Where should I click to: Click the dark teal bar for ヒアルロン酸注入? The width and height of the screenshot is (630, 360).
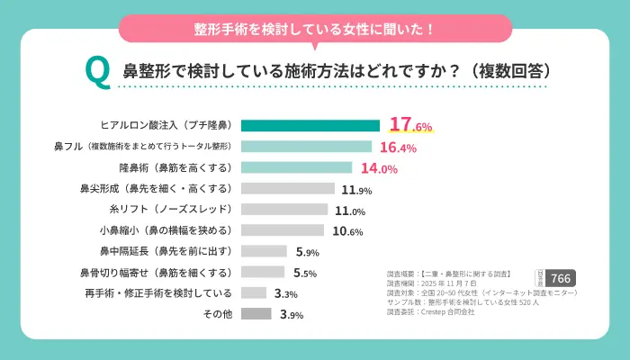[310, 126]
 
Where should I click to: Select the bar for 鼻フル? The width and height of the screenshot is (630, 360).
[306, 147]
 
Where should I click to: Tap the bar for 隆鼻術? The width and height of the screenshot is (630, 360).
[296, 167]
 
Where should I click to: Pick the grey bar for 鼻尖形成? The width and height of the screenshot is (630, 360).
[288, 189]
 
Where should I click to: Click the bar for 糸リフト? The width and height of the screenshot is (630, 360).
[284, 210]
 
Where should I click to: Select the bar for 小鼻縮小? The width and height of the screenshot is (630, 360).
[283, 230]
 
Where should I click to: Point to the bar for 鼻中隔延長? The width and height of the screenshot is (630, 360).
[264, 251]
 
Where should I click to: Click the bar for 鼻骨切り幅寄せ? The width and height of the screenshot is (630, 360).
[263, 272]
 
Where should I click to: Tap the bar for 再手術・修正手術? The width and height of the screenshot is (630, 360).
[254, 293]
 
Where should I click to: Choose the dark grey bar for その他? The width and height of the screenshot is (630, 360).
[256, 314]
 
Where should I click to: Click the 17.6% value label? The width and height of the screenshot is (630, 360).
[410, 126]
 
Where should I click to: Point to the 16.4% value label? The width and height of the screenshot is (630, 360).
[398, 148]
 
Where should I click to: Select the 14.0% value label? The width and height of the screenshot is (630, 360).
[378, 168]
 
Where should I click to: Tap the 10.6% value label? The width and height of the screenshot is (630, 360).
[347, 231]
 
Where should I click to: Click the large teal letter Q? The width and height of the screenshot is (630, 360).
[96, 69]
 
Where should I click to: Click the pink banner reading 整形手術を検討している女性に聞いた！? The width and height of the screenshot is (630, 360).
[315, 28]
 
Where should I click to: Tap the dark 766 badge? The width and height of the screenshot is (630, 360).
[560, 279]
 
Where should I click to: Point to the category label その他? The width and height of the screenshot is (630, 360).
[219, 314]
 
